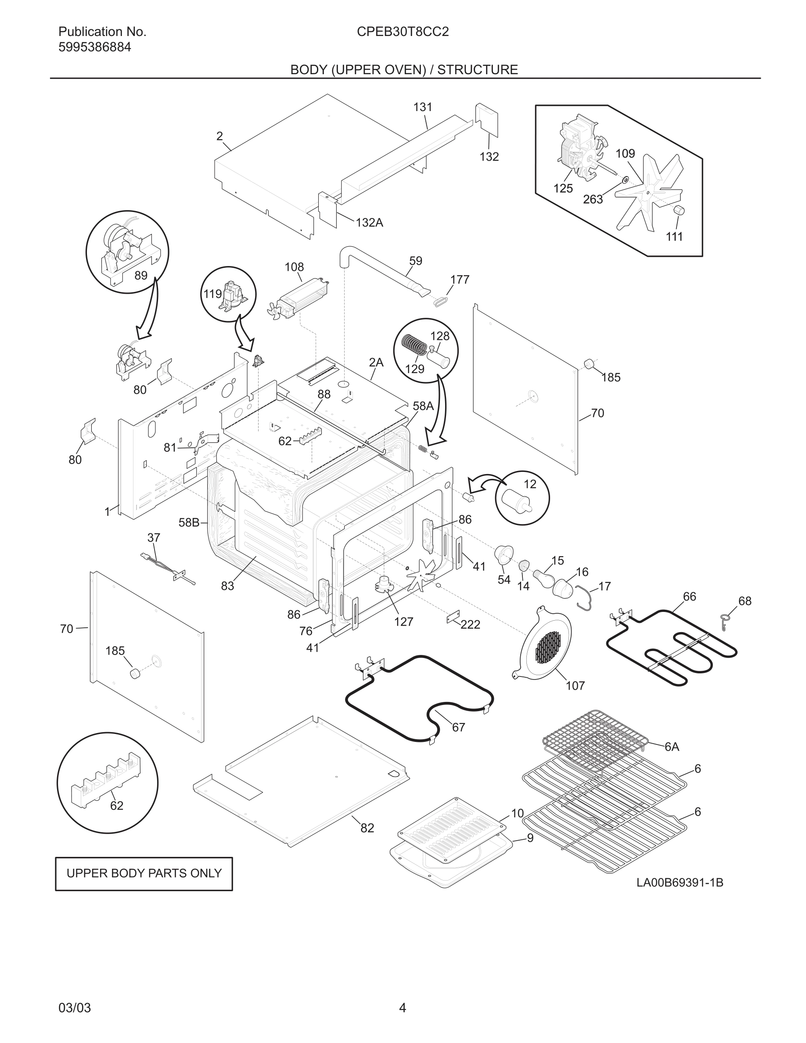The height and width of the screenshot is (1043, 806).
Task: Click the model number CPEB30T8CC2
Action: (403, 32)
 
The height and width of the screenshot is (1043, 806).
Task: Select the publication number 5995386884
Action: (94, 47)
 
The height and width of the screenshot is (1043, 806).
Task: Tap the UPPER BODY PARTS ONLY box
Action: (144, 874)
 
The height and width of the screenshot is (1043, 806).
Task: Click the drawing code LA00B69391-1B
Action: (680, 882)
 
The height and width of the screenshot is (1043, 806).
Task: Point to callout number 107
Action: (575, 686)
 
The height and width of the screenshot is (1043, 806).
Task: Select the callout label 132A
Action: (369, 223)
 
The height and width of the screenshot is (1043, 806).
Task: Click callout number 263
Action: (593, 200)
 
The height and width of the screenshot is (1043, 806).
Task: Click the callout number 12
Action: (530, 484)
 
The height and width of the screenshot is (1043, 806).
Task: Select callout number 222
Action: (470, 625)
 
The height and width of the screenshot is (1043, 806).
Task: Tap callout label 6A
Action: (671, 747)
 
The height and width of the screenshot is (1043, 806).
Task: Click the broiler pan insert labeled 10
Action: (451, 829)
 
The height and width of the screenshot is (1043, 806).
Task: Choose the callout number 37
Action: (154, 538)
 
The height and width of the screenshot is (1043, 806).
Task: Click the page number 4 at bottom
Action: (403, 1008)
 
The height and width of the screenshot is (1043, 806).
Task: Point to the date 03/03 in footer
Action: (75, 1008)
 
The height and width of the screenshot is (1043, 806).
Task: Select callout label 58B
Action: (189, 522)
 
